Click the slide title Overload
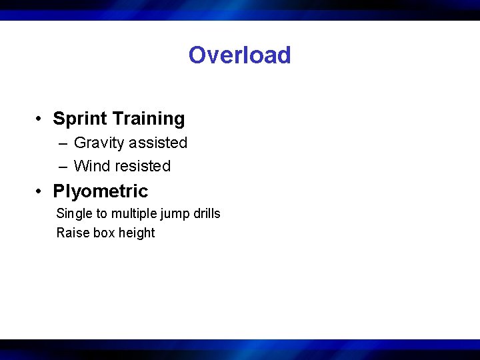239,55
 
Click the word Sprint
80,119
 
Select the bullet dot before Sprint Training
41,119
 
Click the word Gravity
99,143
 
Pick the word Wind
91,166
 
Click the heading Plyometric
101,191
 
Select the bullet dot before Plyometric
41,192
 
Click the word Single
75,214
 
